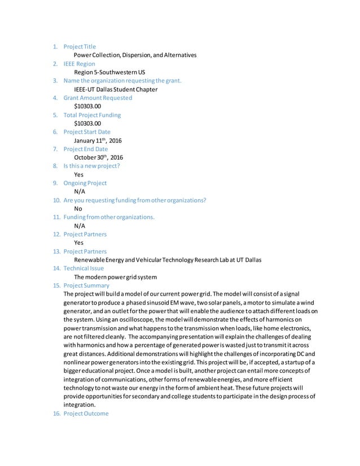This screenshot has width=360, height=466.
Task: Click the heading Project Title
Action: [x=80, y=47]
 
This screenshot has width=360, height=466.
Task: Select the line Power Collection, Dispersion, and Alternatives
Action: [x=135, y=55]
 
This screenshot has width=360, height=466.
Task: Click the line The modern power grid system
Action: [x=115, y=277]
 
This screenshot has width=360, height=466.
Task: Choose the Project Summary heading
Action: [x=86, y=286]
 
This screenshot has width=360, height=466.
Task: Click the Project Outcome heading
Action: [x=86, y=414]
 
